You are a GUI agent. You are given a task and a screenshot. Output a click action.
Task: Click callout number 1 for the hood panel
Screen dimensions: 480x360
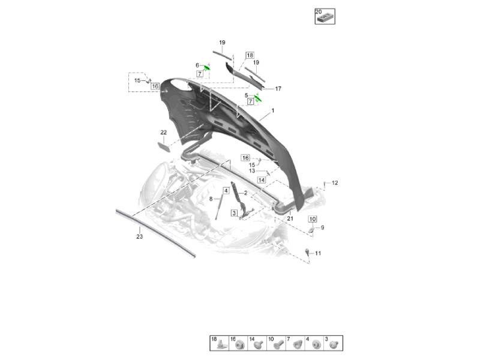pyautogui.click(x=273, y=110)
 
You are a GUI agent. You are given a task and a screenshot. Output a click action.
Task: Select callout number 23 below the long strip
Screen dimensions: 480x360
pyautogui.click(x=140, y=236)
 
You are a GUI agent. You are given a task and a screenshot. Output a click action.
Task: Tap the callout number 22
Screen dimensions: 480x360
pyautogui.click(x=163, y=132)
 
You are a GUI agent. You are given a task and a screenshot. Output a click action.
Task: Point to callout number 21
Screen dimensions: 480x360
pyautogui.click(x=290, y=218)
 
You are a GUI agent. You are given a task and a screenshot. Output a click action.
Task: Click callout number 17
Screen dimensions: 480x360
pyautogui.click(x=278, y=88)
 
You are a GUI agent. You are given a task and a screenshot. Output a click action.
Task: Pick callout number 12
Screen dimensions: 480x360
pyautogui.click(x=335, y=183)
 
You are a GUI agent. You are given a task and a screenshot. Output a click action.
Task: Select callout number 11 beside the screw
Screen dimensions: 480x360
pyautogui.click(x=318, y=253)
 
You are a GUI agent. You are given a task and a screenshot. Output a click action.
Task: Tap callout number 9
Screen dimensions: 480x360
pyautogui.click(x=322, y=227)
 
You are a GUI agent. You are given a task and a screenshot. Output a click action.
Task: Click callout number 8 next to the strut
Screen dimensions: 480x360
pyautogui.click(x=211, y=199)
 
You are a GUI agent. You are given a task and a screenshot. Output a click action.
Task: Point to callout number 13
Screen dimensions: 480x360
pyautogui.click(x=252, y=171)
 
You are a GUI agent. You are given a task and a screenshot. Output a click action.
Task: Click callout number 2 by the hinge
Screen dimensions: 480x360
pyautogui.click(x=245, y=193)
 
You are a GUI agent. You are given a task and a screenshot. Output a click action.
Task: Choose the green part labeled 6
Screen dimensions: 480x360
pyautogui.click(x=207, y=67)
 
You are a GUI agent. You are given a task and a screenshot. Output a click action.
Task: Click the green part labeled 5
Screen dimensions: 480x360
pyautogui.click(x=258, y=98)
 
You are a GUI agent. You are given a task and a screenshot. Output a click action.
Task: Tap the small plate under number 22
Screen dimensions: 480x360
pyautogui.click(x=163, y=147)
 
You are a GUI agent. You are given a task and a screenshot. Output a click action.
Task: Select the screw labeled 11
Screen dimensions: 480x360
pyautogui.click(x=307, y=251)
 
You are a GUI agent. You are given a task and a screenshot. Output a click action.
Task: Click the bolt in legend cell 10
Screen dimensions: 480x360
pyautogui.click(x=278, y=345)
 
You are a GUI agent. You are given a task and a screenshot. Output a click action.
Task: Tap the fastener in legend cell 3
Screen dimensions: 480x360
pyautogui.click(x=334, y=344)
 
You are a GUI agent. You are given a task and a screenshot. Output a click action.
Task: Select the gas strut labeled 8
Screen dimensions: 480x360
pyautogui.click(x=218, y=207)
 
